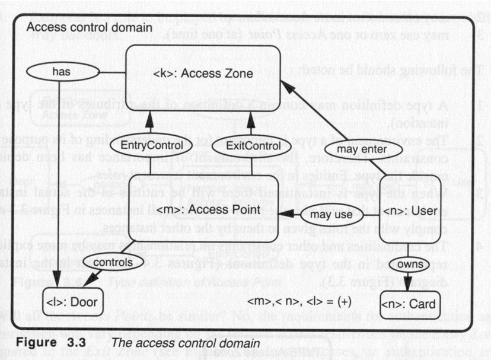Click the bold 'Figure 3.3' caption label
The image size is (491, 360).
point(48,344)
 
